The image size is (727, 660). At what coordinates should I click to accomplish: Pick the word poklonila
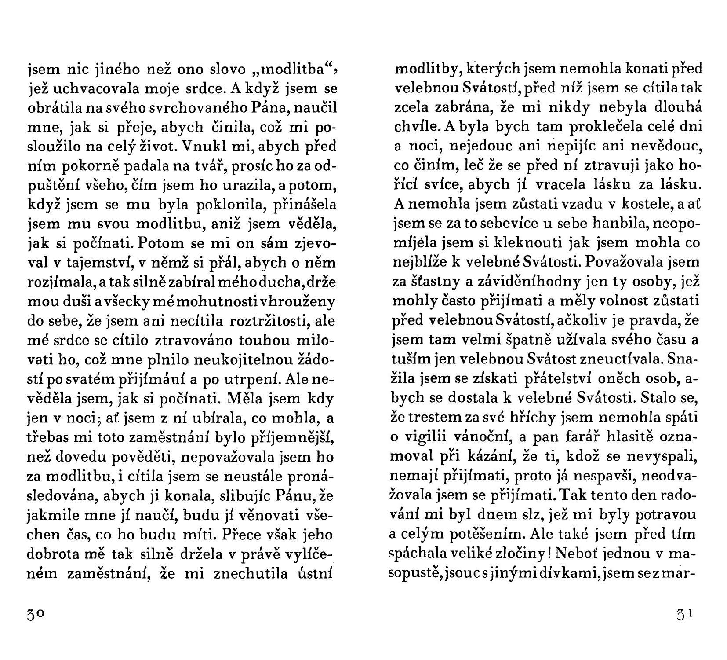[x=221, y=205]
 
